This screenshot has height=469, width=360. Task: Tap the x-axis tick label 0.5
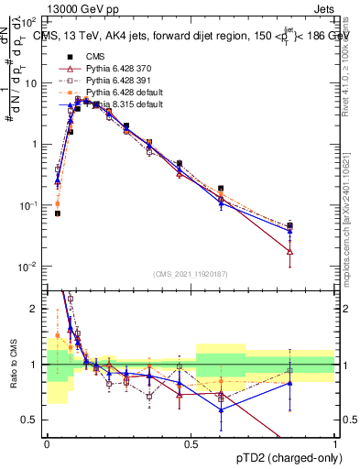[191, 443]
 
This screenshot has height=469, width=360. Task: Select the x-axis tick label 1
[335, 443]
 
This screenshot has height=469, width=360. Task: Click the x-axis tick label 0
[47, 443]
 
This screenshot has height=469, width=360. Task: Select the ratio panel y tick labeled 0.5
[32, 420]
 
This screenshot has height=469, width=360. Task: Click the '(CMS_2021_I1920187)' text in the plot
[191, 273]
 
